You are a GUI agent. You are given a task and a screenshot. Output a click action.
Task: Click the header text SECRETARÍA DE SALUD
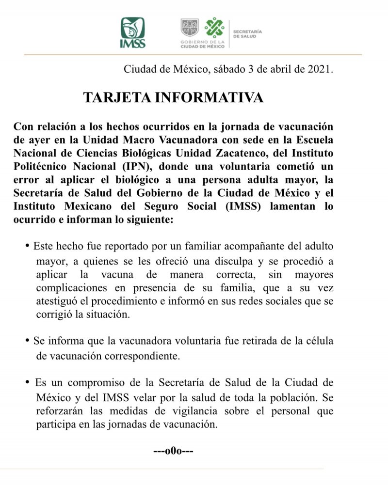click(247, 33)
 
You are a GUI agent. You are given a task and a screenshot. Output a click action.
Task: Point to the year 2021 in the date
click(319, 69)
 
